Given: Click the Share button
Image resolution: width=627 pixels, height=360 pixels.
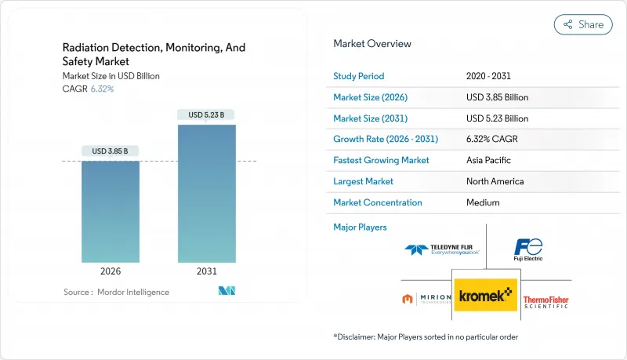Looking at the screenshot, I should click(583, 24).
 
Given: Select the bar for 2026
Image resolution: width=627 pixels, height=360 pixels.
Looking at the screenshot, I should click(111, 212).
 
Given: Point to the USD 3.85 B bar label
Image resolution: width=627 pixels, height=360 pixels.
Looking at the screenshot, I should click(111, 151).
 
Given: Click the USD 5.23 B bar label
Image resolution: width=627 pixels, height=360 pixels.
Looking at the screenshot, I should click(206, 115).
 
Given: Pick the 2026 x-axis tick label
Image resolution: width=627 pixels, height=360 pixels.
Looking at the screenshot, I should click(111, 271).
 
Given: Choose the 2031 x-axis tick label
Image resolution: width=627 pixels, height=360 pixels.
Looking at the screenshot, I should click(206, 271).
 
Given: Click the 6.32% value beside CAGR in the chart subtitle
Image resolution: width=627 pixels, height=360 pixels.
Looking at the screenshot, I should click(101, 89).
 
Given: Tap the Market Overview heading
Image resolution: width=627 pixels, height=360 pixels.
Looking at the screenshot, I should click(371, 44).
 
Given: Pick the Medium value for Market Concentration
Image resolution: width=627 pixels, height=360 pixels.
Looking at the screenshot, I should click(482, 202).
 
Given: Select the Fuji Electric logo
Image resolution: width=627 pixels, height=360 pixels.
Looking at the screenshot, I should click(527, 250).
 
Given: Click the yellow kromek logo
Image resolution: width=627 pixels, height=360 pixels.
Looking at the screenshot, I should click(486, 294).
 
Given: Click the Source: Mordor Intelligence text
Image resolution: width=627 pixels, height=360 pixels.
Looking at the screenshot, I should click(116, 292).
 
